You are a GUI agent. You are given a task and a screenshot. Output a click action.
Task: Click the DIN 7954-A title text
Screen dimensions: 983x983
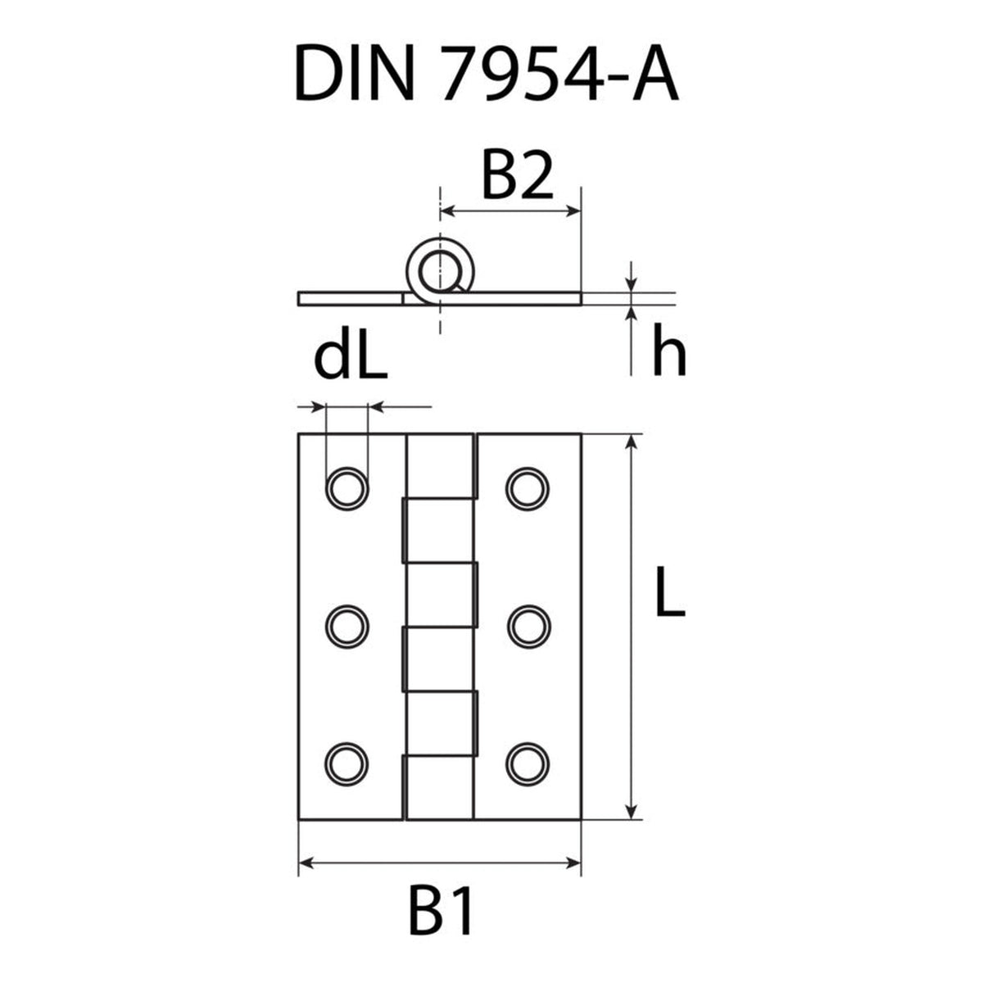pyautogui.click(x=487, y=73)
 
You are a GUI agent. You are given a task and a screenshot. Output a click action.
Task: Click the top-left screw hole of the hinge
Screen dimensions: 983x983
pyautogui.click(x=347, y=488)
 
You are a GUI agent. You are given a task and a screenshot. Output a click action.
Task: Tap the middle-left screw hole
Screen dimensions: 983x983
pyautogui.click(x=347, y=627)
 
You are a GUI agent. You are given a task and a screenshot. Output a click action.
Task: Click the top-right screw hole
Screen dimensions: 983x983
pyautogui.click(x=528, y=488)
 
